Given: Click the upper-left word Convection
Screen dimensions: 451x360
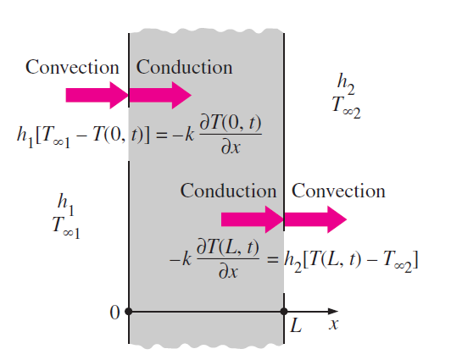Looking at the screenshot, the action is [72, 67].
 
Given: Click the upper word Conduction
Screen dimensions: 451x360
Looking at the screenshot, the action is [184, 67].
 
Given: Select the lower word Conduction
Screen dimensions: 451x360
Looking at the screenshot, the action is [228, 191].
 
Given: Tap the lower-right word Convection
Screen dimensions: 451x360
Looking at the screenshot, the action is [338, 191].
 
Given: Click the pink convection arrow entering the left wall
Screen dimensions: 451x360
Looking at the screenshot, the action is [97, 95].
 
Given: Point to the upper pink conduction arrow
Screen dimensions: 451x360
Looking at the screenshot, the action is [160, 95].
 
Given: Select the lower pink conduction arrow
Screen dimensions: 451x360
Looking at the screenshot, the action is [253, 219].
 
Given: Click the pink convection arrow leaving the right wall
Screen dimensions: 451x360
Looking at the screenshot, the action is [315, 219].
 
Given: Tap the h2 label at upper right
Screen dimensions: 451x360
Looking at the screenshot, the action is [346, 84].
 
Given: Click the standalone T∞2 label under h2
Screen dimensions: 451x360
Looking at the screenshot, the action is [346, 107].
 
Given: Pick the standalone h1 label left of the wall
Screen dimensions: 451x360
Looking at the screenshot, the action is [66, 204].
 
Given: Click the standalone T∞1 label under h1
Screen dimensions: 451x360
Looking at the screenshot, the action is [66, 227].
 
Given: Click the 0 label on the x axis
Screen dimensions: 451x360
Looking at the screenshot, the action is [114, 313].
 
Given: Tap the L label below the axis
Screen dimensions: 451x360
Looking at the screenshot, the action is [296, 325].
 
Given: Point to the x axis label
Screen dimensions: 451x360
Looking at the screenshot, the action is [334, 324].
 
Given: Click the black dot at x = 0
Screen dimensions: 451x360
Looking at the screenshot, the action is [129, 311].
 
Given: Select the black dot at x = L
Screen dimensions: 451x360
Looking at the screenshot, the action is [284, 311].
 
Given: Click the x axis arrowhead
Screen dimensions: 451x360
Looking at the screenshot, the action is [333, 311].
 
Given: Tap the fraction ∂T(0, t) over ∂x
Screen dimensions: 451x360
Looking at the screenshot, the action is [231, 135].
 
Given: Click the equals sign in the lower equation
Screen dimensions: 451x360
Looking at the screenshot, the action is [273, 260].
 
